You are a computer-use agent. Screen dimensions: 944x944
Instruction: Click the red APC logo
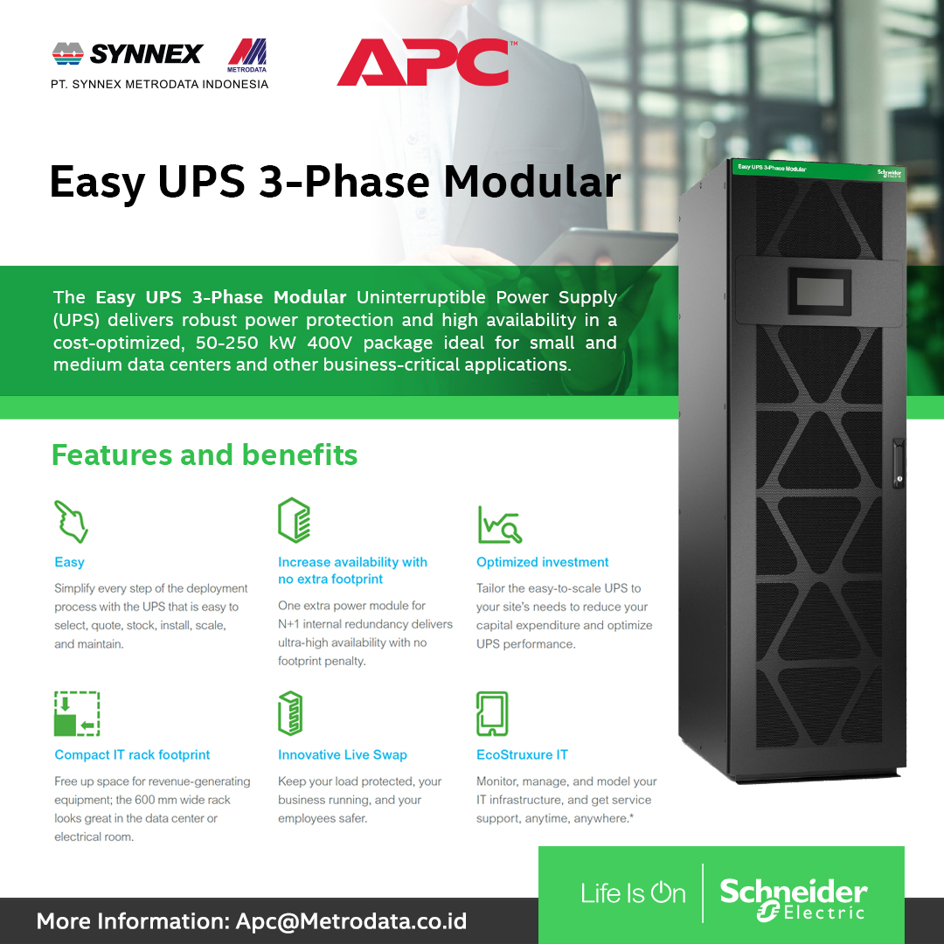click(x=423, y=62)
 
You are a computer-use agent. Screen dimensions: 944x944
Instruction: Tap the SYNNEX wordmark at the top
click(x=146, y=54)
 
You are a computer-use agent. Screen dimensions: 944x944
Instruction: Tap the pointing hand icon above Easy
click(x=71, y=522)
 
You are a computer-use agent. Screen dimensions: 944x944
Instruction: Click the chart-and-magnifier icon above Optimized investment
click(x=499, y=524)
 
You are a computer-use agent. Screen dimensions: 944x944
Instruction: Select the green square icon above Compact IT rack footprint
click(x=77, y=713)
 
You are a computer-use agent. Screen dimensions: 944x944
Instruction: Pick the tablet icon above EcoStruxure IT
click(x=492, y=713)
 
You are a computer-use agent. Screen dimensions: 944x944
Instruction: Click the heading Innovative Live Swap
click(x=343, y=755)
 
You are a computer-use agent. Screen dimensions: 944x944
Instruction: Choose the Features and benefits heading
click(x=205, y=455)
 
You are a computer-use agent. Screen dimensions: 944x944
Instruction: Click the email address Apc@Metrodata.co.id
click(x=351, y=921)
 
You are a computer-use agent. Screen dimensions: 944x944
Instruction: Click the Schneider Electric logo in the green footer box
click(x=793, y=899)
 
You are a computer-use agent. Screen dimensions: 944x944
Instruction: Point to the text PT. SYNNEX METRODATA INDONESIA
click(x=159, y=85)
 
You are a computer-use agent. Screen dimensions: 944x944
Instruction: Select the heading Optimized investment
click(x=542, y=562)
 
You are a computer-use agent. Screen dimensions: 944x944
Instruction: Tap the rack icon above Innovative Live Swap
click(x=290, y=713)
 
